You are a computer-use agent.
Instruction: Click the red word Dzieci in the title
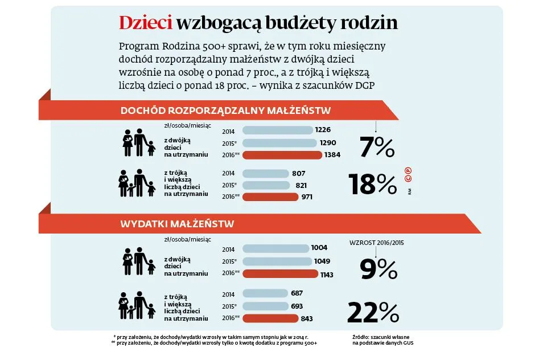point(145,23)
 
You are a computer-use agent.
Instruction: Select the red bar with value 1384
point(282,155)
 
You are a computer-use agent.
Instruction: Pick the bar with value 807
point(266,173)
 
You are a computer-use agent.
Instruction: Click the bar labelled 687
point(264,293)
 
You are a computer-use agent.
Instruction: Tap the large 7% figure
point(377,148)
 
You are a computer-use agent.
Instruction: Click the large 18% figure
point(372,184)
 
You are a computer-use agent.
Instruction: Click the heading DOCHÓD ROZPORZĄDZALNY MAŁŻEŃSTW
point(226,111)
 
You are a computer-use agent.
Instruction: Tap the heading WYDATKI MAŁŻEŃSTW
point(177,224)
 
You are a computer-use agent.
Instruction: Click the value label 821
point(302,185)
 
